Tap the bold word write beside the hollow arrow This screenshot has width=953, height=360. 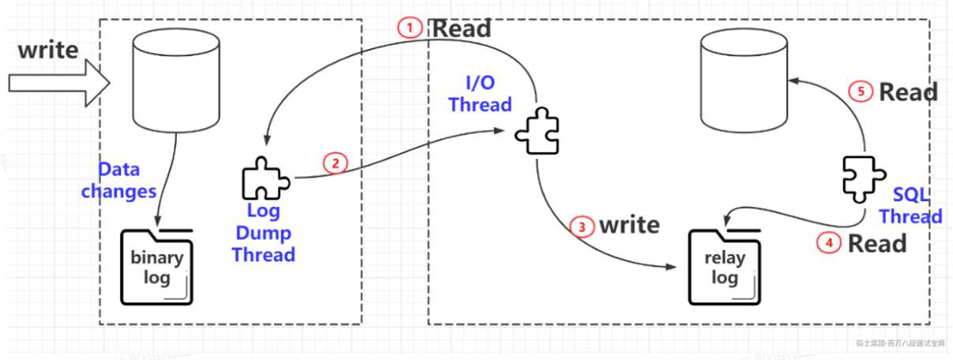pyautogui.click(x=48, y=50)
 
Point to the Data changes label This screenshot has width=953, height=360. pyautogui.click(x=118, y=180)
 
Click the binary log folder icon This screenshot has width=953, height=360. pyautogui.click(x=157, y=265)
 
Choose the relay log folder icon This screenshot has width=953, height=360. pyautogui.click(x=725, y=265)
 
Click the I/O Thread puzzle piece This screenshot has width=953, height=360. pyautogui.click(x=538, y=132)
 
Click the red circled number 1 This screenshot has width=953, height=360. pyautogui.click(x=409, y=28)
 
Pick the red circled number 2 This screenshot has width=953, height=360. pyautogui.click(x=335, y=163)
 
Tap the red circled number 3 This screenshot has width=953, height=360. pyautogui.click(x=582, y=227)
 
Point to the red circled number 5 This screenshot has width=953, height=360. pyautogui.click(x=861, y=92)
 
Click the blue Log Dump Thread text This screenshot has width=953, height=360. pyautogui.click(x=263, y=233)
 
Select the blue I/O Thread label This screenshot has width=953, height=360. pyautogui.click(x=480, y=93)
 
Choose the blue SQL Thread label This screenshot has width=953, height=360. pyautogui.click(x=911, y=205)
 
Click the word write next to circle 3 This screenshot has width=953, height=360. pyautogui.click(x=628, y=225)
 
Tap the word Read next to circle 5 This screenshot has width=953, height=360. pyautogui.click(x=908, y=92)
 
